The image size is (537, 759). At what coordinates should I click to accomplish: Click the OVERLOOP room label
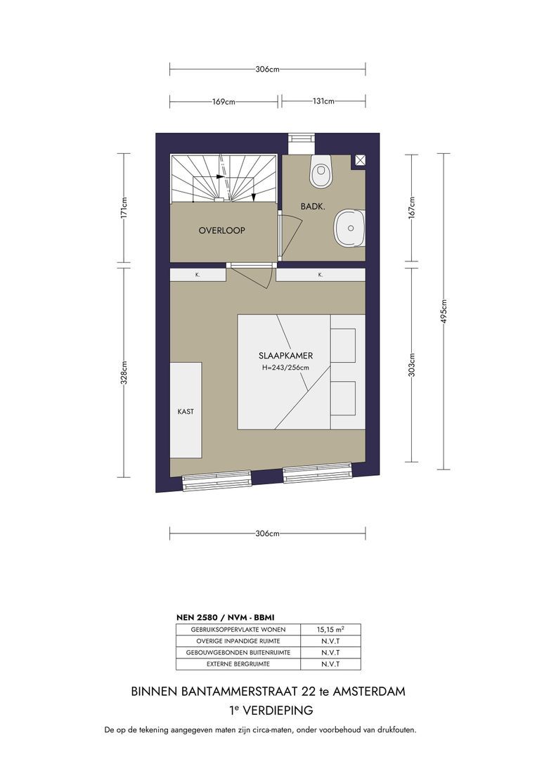pyautogui.click(x=222, y=231)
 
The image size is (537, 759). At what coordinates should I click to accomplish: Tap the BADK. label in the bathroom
pyautogui.click(x=313, y=206)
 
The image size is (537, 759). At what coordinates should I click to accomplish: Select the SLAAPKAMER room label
pyautogui.click(x=285, y=356)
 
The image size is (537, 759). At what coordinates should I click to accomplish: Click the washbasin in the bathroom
pyautogui.click(x=349, y=228)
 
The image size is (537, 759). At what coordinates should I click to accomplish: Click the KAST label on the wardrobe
pyautogui.click(x=186, y=411)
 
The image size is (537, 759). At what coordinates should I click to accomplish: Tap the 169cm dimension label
pyautogui.click(x=224, y=102)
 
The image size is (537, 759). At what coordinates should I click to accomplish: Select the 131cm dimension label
pyautogui.click(x=323, y=102)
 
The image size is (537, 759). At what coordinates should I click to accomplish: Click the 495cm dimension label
pyautogui.click(x=444, y=311)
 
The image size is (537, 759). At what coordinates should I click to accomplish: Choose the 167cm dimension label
pyautogui.click(x=412, y=207)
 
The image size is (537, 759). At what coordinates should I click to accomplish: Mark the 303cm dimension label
pyautogui.click(x=412, y=365)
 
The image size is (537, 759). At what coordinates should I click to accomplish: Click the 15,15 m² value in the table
pyautogui.click(x=331, y=630)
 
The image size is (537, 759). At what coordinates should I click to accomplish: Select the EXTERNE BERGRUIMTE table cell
pyautogui.click(x=238, y=664)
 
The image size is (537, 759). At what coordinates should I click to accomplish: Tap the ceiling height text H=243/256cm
pyautogui.click(x=285, y=368)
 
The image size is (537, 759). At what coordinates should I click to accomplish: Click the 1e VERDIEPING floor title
pyautogui.click(x=271, y=710)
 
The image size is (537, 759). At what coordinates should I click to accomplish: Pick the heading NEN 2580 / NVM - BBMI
pyautogui.click(x=226, y=617)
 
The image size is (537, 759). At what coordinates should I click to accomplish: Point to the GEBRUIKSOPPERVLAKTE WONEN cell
pyautogui.click(x=238, y=630)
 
